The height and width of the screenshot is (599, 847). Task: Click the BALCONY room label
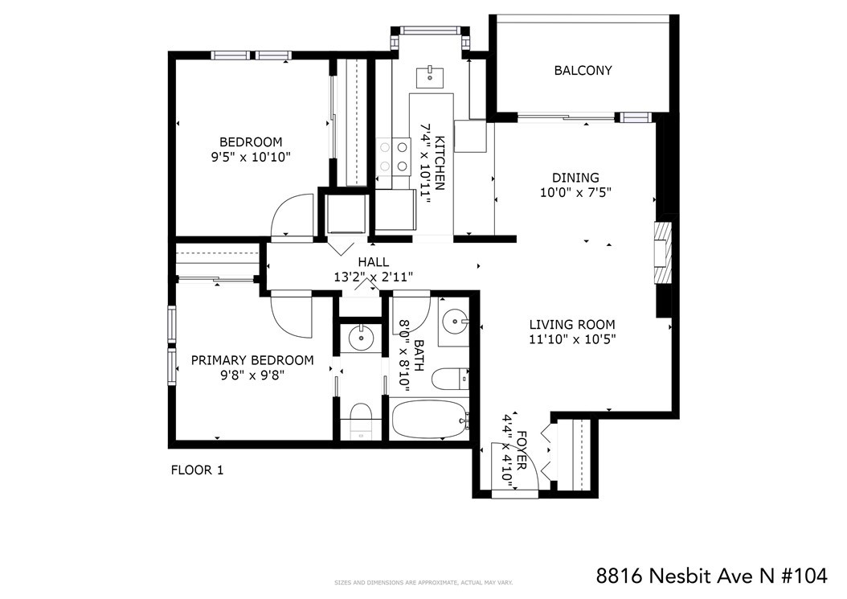pyautogui.click(x=583, y=70)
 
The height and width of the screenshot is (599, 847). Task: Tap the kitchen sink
pyautogui.click(x=430, y=77)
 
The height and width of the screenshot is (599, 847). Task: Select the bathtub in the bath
pyautogui.click(x=429, y=420)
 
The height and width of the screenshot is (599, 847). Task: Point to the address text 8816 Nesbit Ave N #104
pyautogui.click(x=711, y=576)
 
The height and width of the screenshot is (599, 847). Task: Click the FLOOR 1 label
pyautogui.click(x=197, y=470)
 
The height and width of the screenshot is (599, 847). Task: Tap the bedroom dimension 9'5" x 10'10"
pyautogui.click(x=252, y=158)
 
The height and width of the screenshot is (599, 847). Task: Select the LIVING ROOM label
pyautogui.click(x=572, y=325)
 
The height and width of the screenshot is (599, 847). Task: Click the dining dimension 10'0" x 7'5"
pyautogui.click(x=575, y=192)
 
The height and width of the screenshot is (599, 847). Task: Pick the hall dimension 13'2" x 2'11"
pyautogui.click(x=374, y=277)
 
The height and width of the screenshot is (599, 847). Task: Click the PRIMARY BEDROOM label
pyautogui.click(x=252, y=360)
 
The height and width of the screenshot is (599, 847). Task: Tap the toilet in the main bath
pyautogui.click(x=450, y=379)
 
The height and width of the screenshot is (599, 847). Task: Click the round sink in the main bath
pyautogui.click(x=453, y=322)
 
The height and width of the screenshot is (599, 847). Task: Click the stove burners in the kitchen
pyautogui.click(x=393, y=156)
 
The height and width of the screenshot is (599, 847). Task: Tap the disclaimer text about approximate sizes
pyautogui.click(x=423, y=583)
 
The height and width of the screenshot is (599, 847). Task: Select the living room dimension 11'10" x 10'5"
pyautogui.click(x=573, y=339)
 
